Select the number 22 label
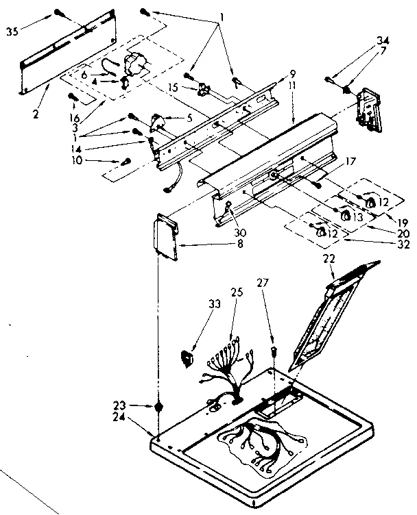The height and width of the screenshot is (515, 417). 330,258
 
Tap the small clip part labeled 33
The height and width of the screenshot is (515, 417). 184,355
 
